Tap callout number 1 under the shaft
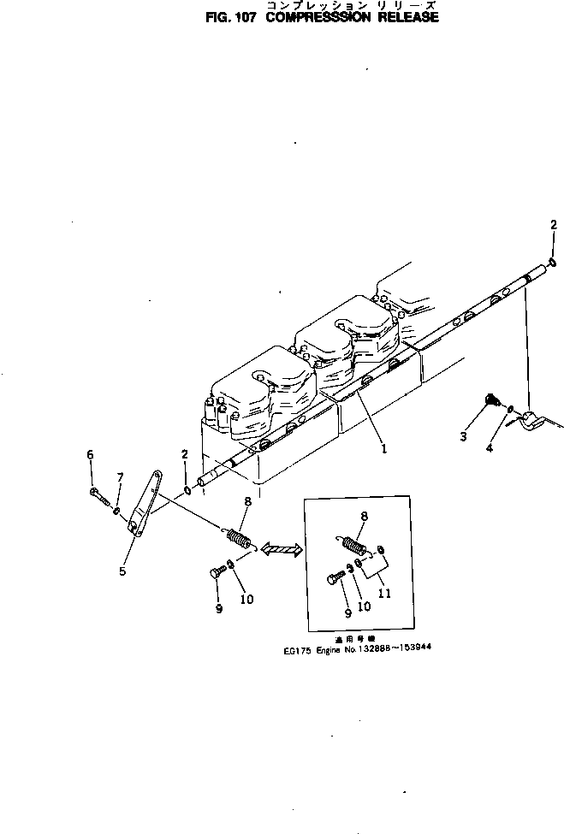click(384, 447)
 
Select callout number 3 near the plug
click(463, 436)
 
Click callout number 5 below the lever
click(122, 571)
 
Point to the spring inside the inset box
click(353, 544)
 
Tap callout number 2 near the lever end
click(183, 453)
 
